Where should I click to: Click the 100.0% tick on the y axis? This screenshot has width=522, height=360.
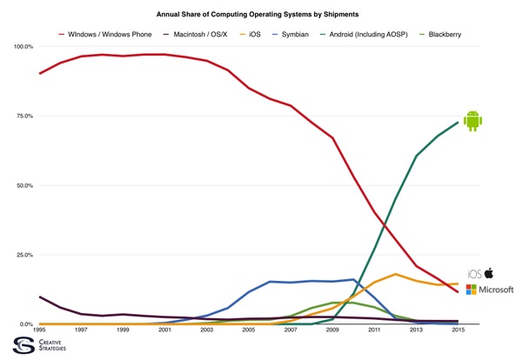22,46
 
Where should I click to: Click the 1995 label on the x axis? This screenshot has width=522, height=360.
40,330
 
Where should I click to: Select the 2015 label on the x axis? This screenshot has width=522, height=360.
458,330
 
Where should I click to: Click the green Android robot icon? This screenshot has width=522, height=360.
472,121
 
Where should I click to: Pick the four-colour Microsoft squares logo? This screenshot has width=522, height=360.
472,290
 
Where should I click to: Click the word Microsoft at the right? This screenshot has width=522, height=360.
497,290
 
